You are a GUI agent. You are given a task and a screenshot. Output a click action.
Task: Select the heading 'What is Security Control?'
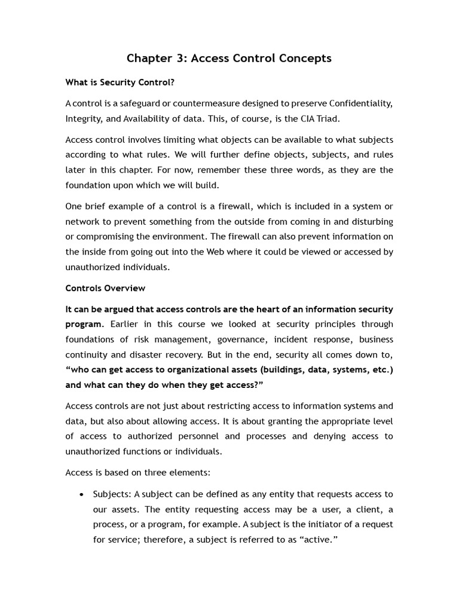point(120,82)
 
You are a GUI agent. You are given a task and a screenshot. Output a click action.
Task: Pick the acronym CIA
point(302,118)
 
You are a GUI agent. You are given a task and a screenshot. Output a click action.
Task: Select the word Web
point(215,252)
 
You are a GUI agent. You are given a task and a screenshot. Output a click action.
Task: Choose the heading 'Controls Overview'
point(105,288)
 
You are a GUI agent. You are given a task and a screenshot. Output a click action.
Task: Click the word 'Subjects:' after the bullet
point(112,494)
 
